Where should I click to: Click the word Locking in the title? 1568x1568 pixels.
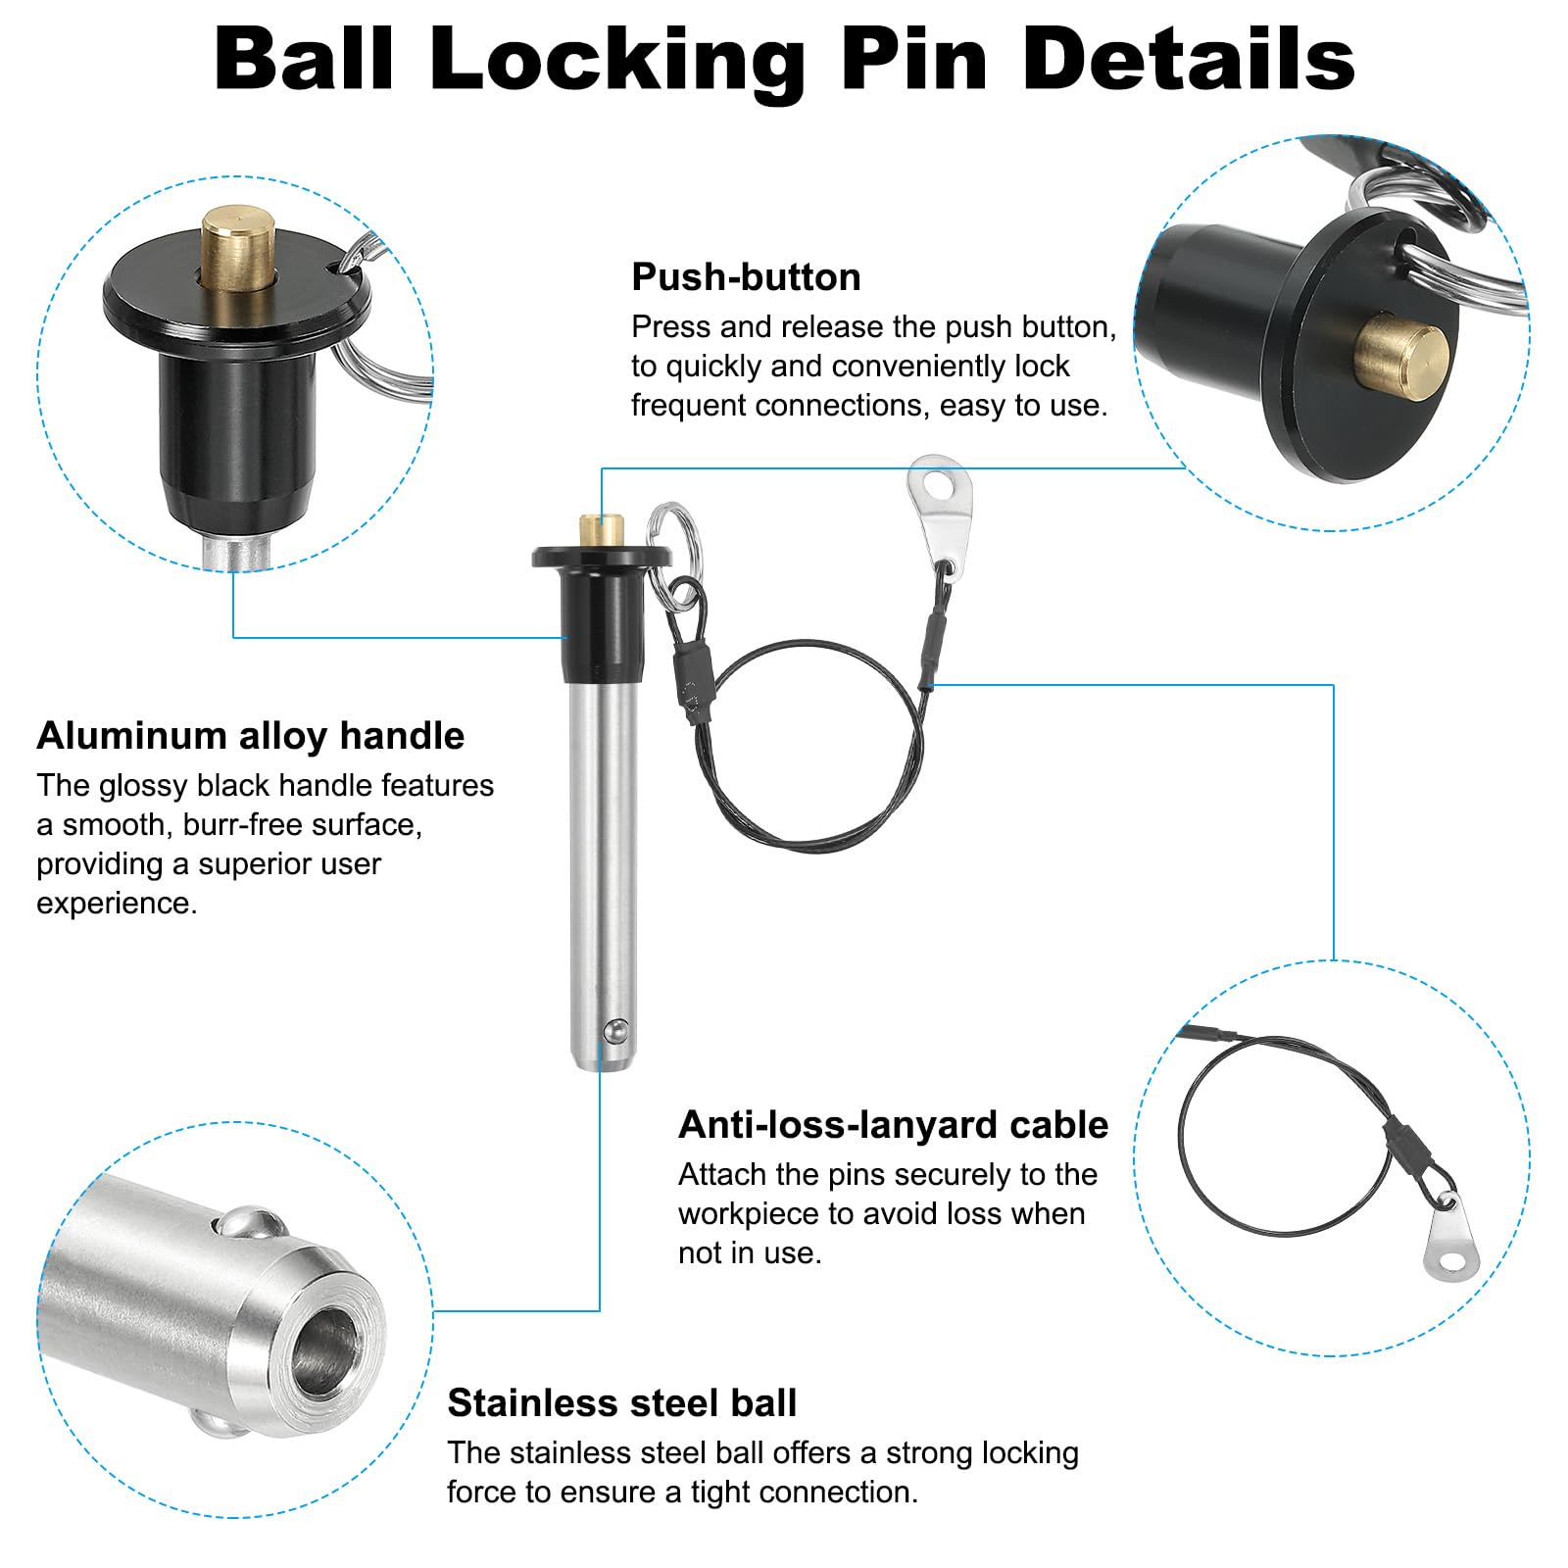[617, 61]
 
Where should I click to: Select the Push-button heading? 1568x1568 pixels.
[746, 277]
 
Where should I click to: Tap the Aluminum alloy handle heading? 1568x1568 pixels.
[250, 736]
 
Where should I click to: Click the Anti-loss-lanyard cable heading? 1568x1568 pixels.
[893, 1125]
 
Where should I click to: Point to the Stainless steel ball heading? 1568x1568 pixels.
[621, 1403]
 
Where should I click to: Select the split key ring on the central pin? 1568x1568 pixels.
[670, 534]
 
